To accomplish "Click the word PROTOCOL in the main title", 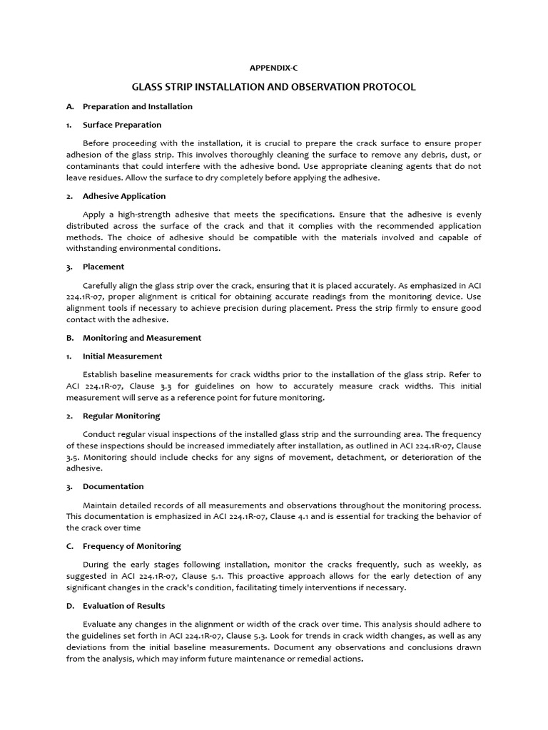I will (386, 87).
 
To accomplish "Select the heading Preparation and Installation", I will (137, 106).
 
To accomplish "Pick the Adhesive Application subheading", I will (123, 196).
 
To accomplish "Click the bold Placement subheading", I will (103, 267).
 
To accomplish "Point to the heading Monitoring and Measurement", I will (142, 338).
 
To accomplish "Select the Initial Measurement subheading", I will (122, 356).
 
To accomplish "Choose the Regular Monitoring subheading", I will (121, 416).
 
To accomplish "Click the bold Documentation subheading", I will (113, 487).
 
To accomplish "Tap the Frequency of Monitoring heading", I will (131, 546).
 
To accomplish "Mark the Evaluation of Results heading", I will (123, 606).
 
